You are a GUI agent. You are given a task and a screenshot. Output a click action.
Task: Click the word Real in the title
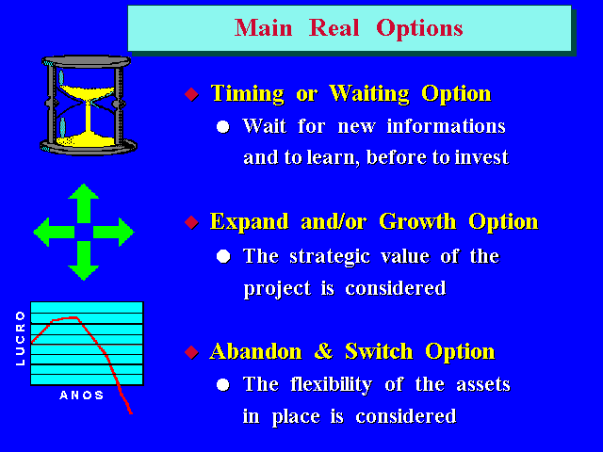(x=334, y=27)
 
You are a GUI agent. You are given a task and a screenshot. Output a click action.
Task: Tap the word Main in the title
(x=264, y=27)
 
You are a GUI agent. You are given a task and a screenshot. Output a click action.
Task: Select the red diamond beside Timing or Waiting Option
(x=191, y=94)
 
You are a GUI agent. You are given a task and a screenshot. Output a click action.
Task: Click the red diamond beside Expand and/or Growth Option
(x=191, y=222)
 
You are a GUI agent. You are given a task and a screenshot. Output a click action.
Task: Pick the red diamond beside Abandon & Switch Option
(x=191, y=352)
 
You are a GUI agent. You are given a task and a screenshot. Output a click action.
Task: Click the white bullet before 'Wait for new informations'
(x=223, y=126)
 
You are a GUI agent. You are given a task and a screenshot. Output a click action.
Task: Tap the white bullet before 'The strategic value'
(x=223, y=256)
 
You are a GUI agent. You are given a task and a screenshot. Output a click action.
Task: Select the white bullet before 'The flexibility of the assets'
(x=223, y=385)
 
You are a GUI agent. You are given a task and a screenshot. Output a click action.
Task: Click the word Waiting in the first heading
(x=369, y=94)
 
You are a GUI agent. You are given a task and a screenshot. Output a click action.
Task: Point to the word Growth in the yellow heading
(x=417, y=221)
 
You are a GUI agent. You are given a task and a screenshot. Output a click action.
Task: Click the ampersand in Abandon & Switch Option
(x=323, y=351)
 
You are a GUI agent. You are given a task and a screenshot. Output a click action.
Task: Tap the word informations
(x=446, y=126)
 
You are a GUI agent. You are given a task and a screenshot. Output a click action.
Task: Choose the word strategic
(x=330, y=257)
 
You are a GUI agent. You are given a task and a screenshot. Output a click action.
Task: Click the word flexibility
(x=331, y=385)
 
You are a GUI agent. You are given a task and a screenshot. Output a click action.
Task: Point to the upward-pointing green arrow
(x=84, y=203)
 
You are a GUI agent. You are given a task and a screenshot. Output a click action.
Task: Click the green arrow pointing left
(x=54, y=232)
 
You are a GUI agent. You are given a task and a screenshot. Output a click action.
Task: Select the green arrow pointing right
(x=113, y=232)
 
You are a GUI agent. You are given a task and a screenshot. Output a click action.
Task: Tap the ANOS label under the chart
(x=82, y=395)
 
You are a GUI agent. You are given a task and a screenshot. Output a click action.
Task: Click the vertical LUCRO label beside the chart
(x=21, y=338)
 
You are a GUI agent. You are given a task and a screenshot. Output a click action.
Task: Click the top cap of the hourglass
(x=87, y=61)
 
